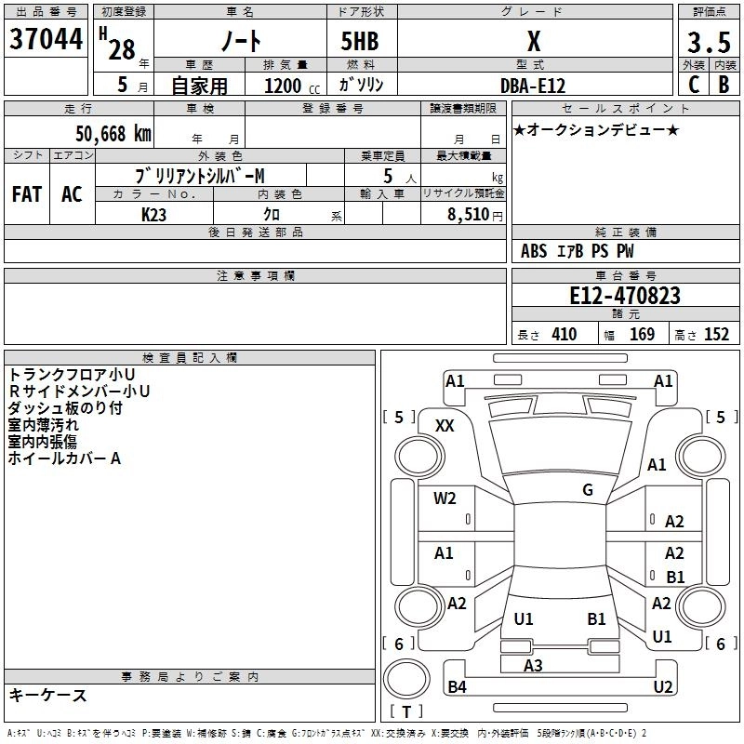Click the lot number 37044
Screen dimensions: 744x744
pyautogui.click(x=46, y=39)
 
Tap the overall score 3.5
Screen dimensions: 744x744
pyautogui.click(x=709, y=43)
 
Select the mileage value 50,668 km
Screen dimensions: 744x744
pyautogui.click(x=113, y=134)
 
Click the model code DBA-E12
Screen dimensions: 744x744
pyautogui.click(x=533, y=86)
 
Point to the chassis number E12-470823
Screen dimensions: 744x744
pyautogui.click(x=625, y=296)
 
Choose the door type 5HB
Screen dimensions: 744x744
pyautogui.click(x=360, y=41)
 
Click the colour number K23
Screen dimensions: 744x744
pyautogui.click(x=153, y=215)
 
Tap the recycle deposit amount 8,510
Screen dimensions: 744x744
pyautogui.click(x=468, y=215)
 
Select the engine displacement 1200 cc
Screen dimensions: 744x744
pyautogui.click(x=292, y=86)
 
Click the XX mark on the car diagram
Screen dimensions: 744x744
pyautogui.click(x=445, y=426)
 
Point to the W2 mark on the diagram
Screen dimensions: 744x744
pyautogui.click(x=445, y=498)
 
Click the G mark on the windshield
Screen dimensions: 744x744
pyautogui.click(x=588, y=489)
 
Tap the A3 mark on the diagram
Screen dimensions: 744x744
pyautogui.click(x=533, y=665)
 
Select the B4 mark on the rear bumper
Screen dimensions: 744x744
pyautogui.click(x=457, y=686)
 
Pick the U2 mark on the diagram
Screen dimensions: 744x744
pyautogui.click(x=663, y=686)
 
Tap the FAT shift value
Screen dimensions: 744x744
pyautogui.click(x=27, y=194)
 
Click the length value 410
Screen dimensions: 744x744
pyautogui.click(x=565, y=334)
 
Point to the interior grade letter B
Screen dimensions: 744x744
pyautogui.click(x=724, y=85)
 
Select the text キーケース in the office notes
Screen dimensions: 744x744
pyautogui.click(x=48, y=695)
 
